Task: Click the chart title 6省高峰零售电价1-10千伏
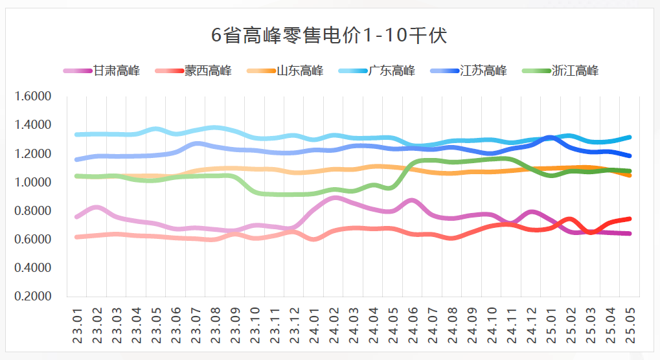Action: coord(330,36)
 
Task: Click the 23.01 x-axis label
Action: coord(77,327)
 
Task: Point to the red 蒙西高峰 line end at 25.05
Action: coord(629,219)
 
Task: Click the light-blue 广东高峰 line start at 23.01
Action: coord(77,135)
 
